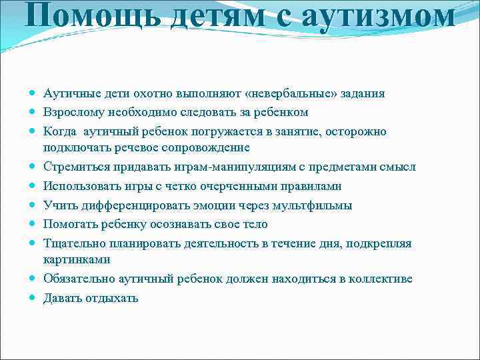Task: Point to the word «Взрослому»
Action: click(74, 112)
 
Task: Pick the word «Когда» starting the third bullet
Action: click(59, 131)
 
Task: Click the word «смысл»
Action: click(399, 167)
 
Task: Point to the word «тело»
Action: click(254, 224)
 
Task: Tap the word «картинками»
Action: click(77, 259)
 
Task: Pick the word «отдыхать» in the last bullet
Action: click(111, 298)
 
